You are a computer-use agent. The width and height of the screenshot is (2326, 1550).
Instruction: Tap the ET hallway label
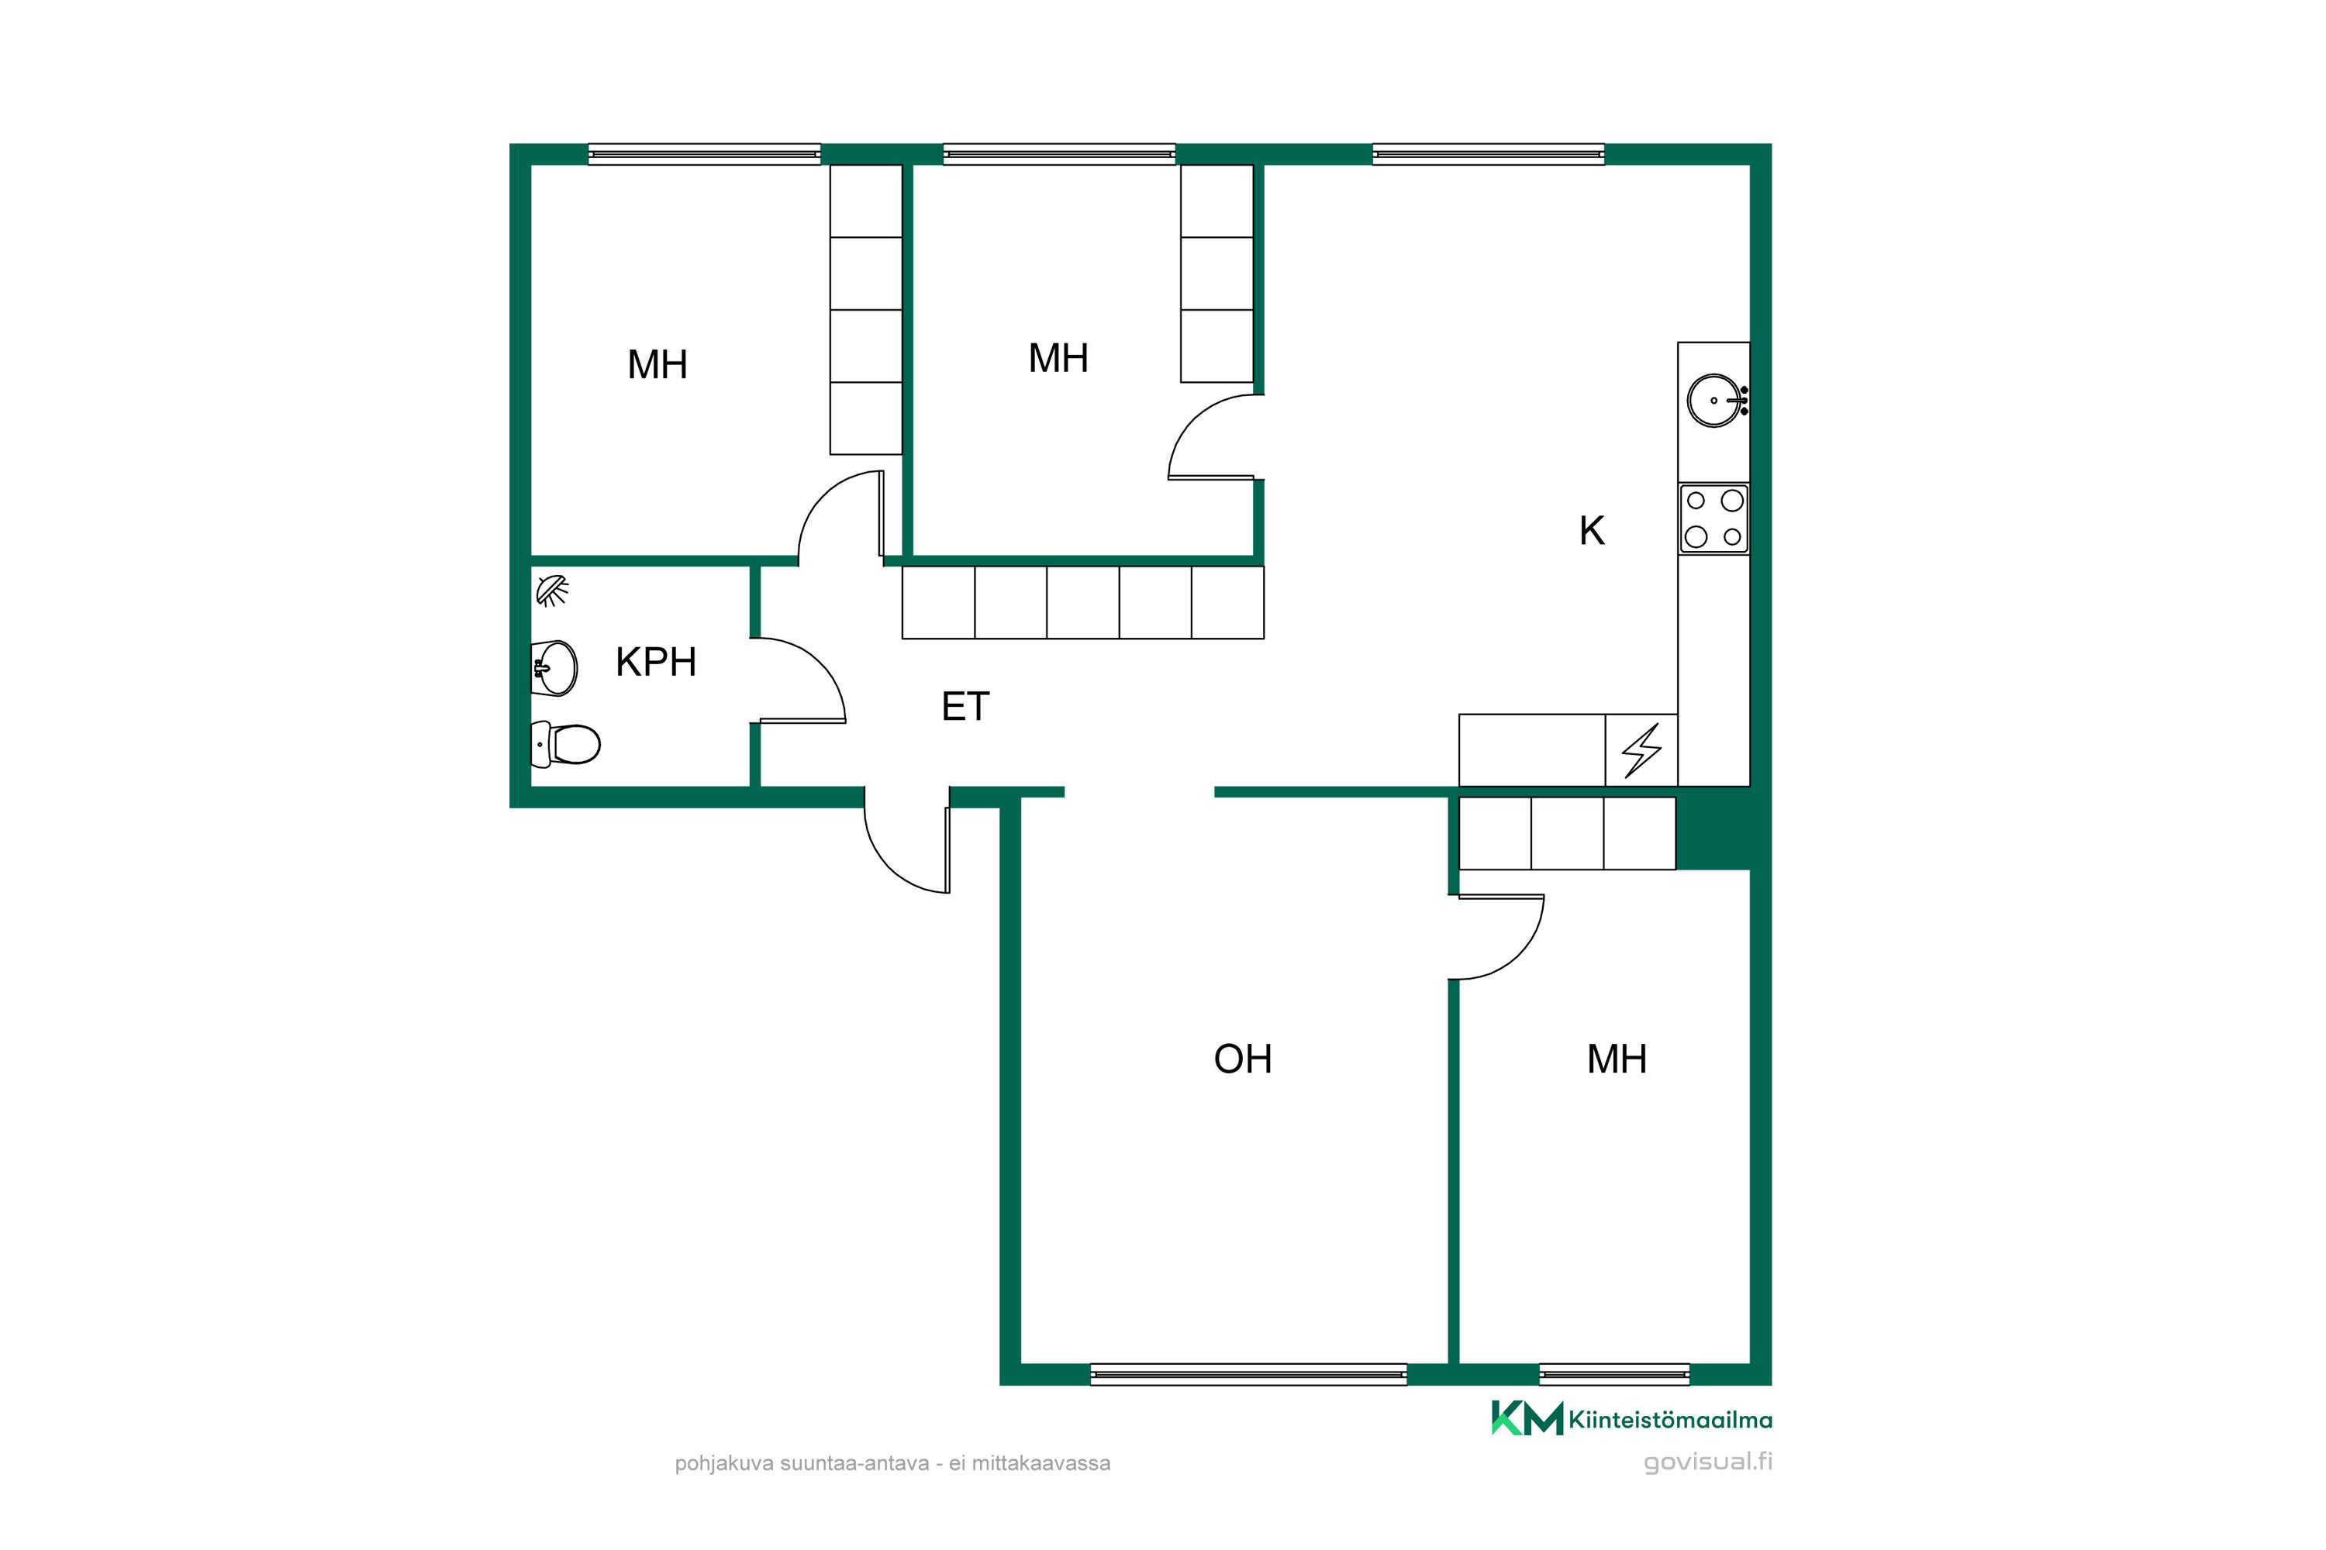pos(965,707)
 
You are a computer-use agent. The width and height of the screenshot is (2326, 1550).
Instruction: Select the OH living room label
pos(1242,1059)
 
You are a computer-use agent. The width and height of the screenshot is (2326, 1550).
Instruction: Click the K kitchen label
pos(1591,531)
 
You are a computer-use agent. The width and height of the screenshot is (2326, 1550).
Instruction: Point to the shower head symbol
pos(552,591)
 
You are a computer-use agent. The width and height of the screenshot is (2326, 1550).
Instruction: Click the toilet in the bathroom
pos(566,744)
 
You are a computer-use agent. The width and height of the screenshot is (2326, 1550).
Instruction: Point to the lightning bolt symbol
pos(1641,750)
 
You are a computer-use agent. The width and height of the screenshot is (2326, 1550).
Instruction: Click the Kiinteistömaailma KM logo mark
pos(1527,1417)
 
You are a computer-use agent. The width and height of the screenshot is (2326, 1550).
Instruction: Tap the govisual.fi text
pos(1708,1461)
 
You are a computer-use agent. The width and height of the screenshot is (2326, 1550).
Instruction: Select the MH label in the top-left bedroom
pos(657,365)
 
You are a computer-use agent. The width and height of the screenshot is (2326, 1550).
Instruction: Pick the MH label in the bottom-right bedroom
pos(1617,1059)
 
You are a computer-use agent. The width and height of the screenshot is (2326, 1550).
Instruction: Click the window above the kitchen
pos(1489,154)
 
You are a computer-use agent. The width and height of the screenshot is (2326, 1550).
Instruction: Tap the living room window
pos(1248,1374)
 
